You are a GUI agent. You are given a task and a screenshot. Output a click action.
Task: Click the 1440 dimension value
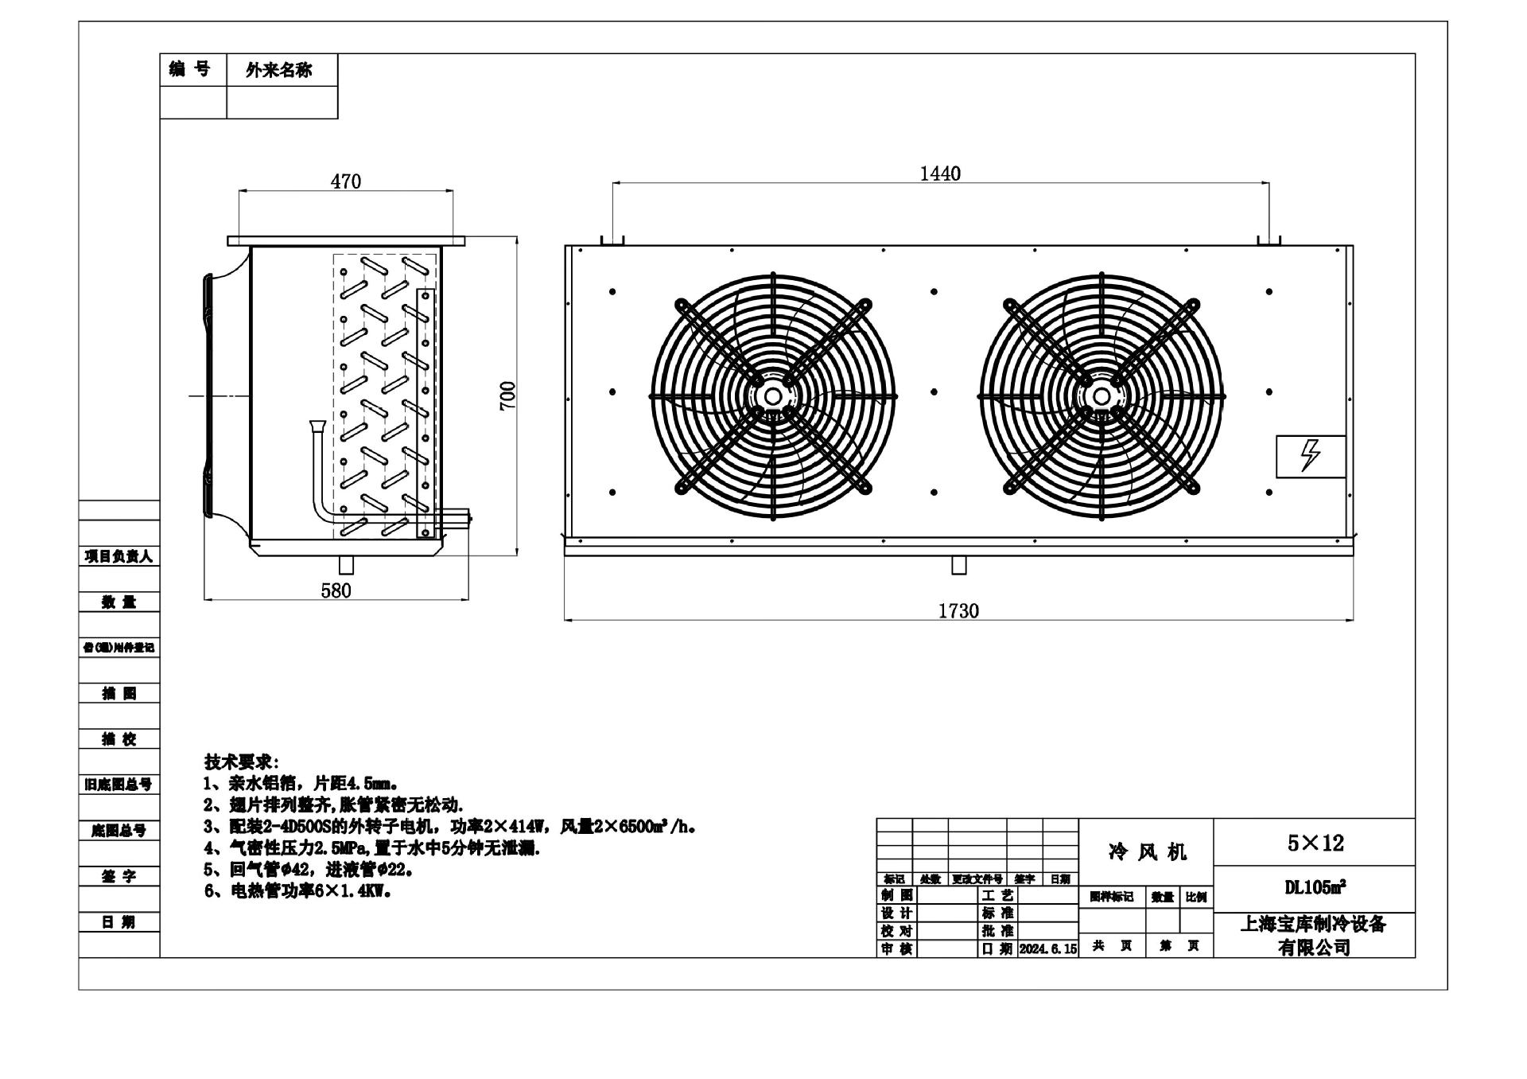click(940, 173)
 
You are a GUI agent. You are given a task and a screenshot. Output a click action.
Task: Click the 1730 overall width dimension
click(958, 611)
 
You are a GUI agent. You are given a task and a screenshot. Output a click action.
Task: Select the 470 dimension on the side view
click(346, 181)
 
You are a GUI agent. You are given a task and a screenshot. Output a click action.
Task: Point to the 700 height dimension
click(507, 395)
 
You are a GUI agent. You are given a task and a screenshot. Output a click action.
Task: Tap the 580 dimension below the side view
click(336, 590)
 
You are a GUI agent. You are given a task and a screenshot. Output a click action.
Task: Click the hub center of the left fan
click(772, 395)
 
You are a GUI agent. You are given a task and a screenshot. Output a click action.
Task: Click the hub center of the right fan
click(1102, 395)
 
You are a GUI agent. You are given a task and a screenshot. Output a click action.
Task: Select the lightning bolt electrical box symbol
click(1310, 457)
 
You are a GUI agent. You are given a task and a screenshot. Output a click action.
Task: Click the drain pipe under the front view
click(959, 565)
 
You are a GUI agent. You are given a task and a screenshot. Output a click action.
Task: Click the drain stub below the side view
click(346, 565)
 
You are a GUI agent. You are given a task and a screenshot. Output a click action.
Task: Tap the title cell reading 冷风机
click(1147, 852)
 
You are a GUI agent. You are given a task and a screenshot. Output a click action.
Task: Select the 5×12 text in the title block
click(1315, 843)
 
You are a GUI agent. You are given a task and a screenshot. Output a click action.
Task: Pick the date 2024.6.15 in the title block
click(1047, 949)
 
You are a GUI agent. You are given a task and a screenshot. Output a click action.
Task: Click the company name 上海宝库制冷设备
click(1314, 924)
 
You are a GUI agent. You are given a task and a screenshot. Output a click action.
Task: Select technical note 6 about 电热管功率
click(298, 891)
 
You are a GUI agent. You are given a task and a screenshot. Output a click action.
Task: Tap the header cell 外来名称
click(279, 70)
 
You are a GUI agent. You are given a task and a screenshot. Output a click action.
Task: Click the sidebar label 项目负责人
click(119, 556)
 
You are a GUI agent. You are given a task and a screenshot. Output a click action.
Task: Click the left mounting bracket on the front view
click(612, 240)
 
